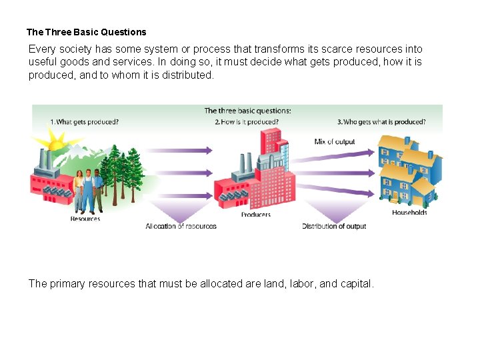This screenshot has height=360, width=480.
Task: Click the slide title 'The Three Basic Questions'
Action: [86, 32]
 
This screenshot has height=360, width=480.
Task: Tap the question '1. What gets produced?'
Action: [85, 122]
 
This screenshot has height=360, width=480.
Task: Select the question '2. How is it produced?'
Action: [247, 122]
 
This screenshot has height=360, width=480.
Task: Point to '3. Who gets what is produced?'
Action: [381, 122]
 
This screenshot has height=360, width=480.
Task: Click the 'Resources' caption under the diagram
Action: [85, 219]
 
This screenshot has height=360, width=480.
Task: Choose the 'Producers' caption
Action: [255, 215]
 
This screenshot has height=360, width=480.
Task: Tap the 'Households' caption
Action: [409, 213]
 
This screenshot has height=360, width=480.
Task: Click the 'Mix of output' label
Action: [335, 142]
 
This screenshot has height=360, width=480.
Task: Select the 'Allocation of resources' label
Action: [181, 227]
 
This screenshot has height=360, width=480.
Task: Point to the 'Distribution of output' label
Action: [334, 227]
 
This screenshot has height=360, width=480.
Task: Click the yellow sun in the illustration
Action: [56, 142]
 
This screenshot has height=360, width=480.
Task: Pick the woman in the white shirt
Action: [79, 187]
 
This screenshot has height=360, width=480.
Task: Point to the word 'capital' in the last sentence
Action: [355, 284]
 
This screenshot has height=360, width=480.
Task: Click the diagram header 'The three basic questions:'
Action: [247, 111]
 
